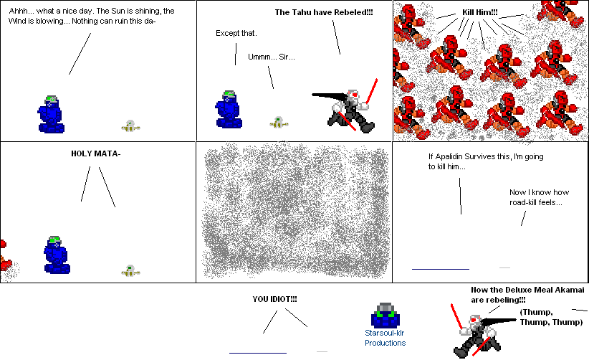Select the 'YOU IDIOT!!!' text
[x=274, y=299]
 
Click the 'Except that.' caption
[x=236, y=34]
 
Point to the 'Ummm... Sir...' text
[x=271, y=57]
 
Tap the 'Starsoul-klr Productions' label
[x=385, y=338]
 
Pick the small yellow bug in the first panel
[x=129, y=126]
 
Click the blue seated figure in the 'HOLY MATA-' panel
[x=57, y=255]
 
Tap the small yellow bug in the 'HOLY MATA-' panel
[x=129, y=270]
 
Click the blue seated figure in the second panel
[x=229, y=110]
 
